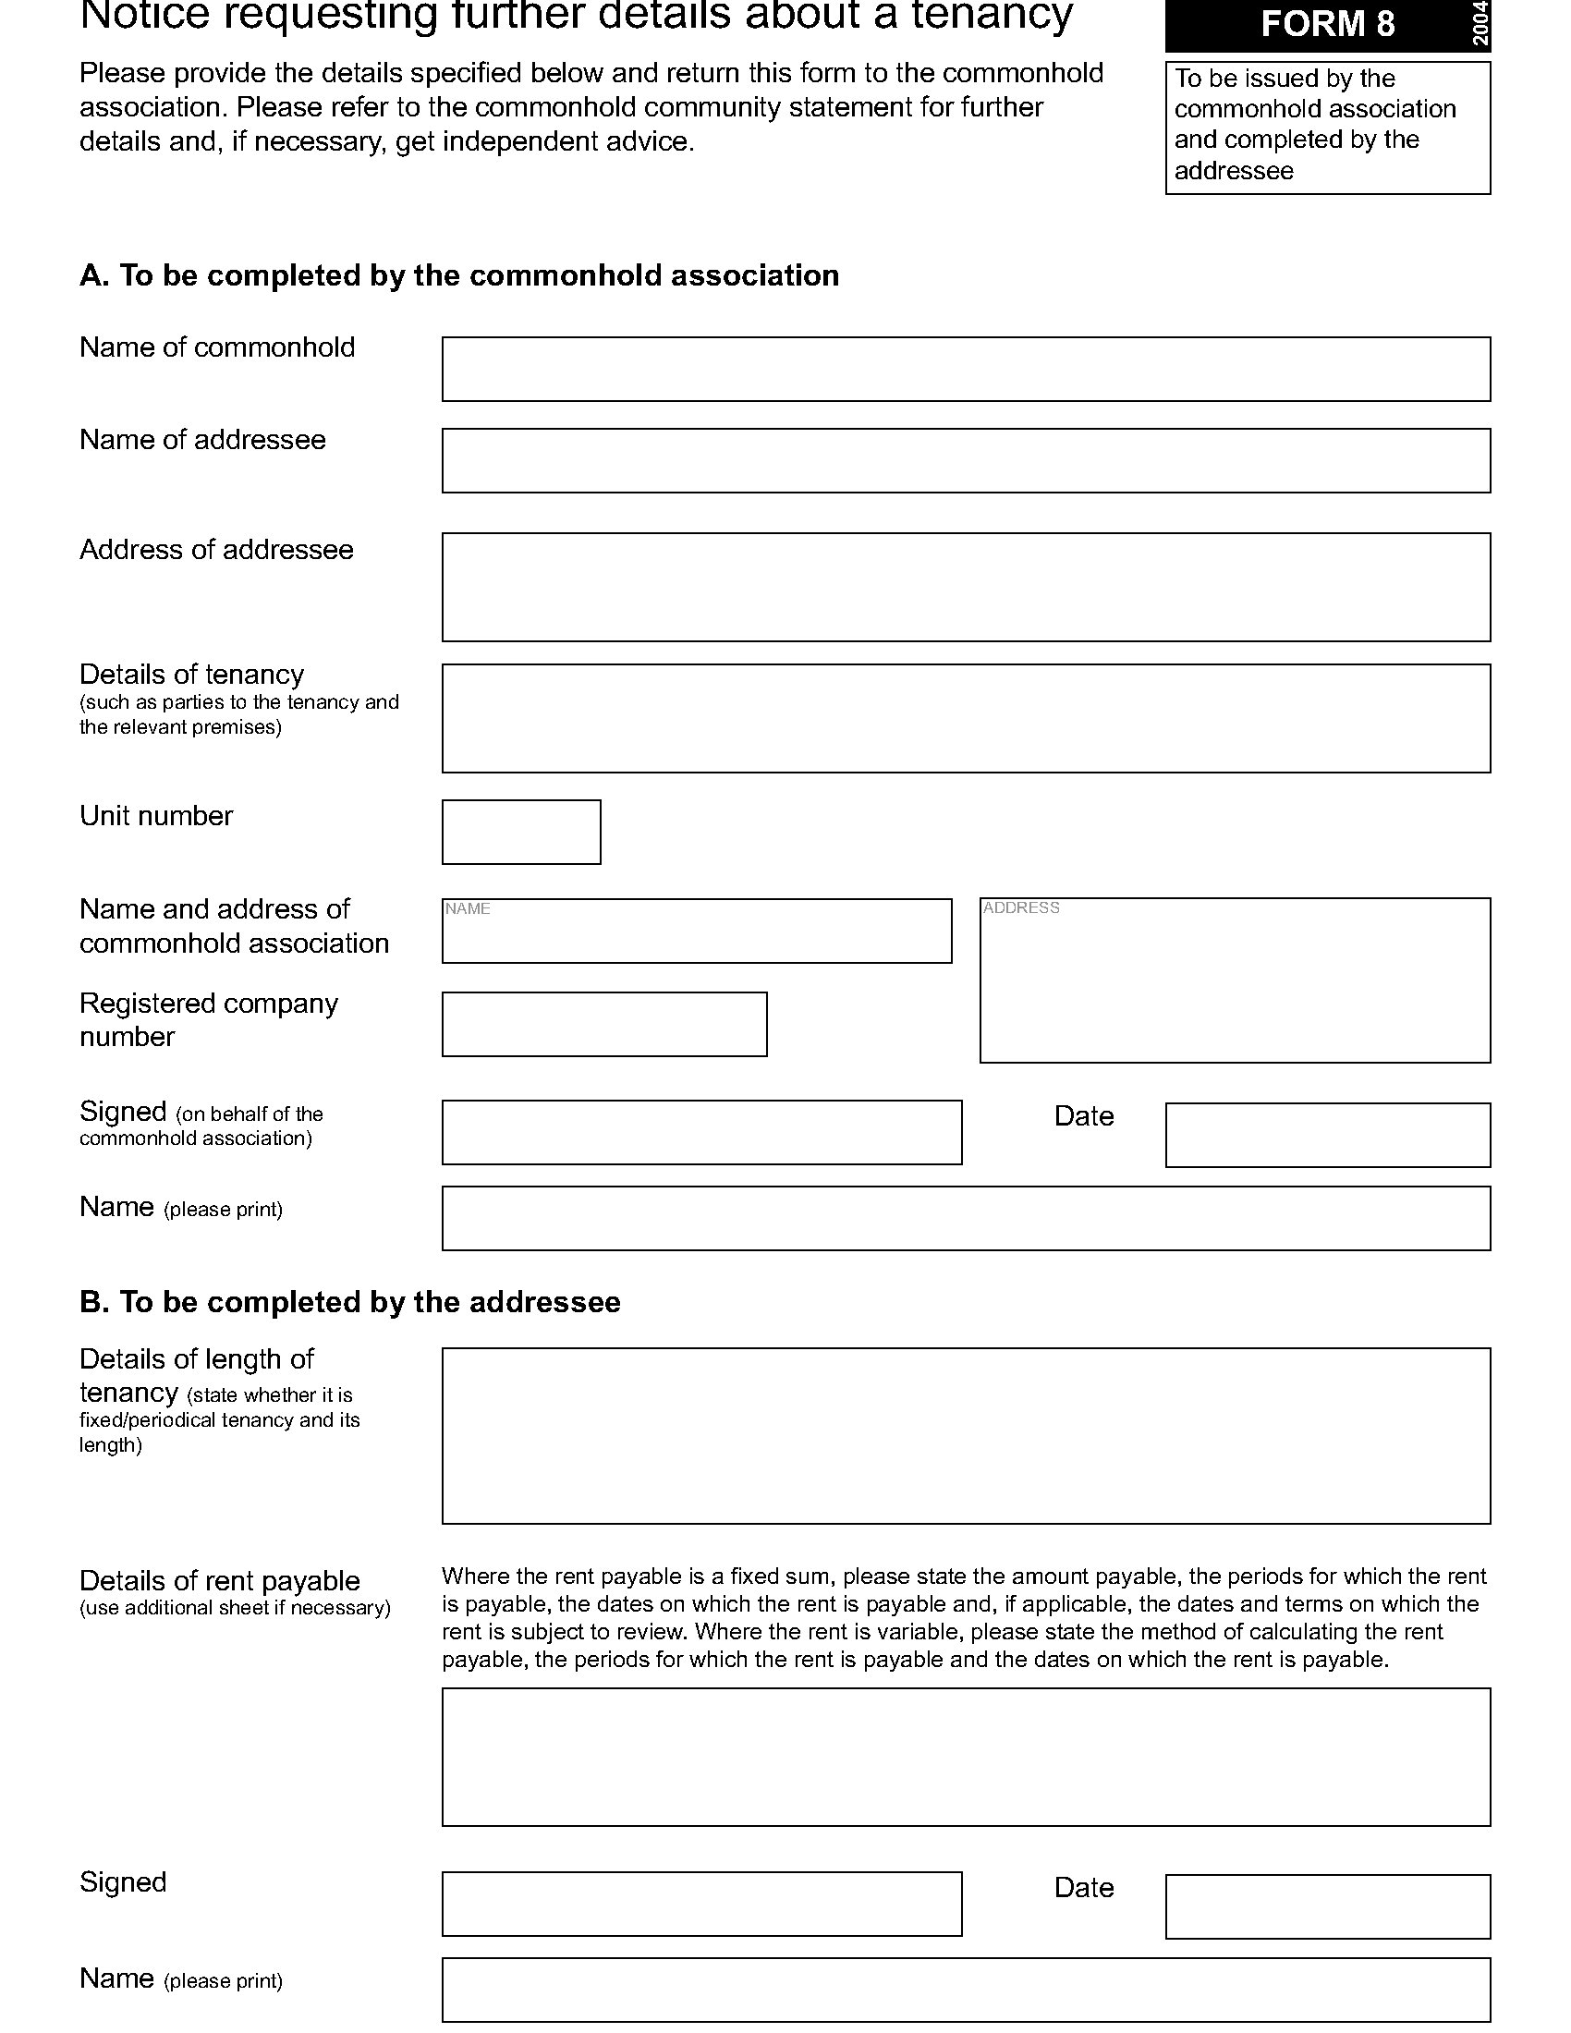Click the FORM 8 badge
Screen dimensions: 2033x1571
[1326, 25]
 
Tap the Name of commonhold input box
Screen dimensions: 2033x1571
[965, 370]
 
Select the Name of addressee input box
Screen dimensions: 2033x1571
[965, 461]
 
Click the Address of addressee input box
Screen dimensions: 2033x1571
[965, 588]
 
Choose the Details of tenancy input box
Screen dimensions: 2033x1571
[965, 719]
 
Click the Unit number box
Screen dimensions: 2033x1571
[521, 833]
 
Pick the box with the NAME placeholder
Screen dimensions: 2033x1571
[696, 931]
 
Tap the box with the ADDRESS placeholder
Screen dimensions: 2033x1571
[1234, 980]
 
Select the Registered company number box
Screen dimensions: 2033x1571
[604, 1025]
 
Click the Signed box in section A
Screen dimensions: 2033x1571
[701, 1133]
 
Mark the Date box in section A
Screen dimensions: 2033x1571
[1327, 1136]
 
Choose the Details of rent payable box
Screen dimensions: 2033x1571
[965, 1758]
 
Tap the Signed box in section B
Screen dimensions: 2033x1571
[701, 1905]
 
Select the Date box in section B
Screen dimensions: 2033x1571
[1327, 1907]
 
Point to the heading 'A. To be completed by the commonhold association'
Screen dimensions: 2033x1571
[459, 275]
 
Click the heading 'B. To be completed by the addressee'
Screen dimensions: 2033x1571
[350, 1302]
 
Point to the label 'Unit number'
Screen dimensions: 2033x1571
[156, 816]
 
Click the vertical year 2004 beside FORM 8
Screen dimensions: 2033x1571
[1480, 24]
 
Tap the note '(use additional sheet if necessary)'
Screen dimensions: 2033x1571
[235, 1608]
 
